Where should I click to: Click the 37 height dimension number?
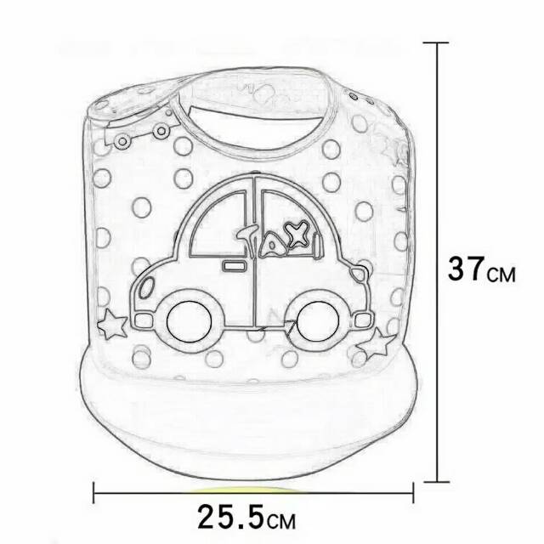pyautogui.click(x=466, y=269)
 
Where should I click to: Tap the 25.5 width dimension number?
pyautogui.click(x=230, y=516)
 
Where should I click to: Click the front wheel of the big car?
pyautogui.click(x=189, y=321)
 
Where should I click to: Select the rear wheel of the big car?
pyautogui.click(x=317, y=320)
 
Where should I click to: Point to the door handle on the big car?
pyautogui.click(x=234, y=266)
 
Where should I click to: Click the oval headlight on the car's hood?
pyautogui.click(x=146, y=287)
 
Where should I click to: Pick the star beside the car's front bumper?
pyautogui.click(x=111, y=324)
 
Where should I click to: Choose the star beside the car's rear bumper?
pyautogui.click(x=377, y=344)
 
